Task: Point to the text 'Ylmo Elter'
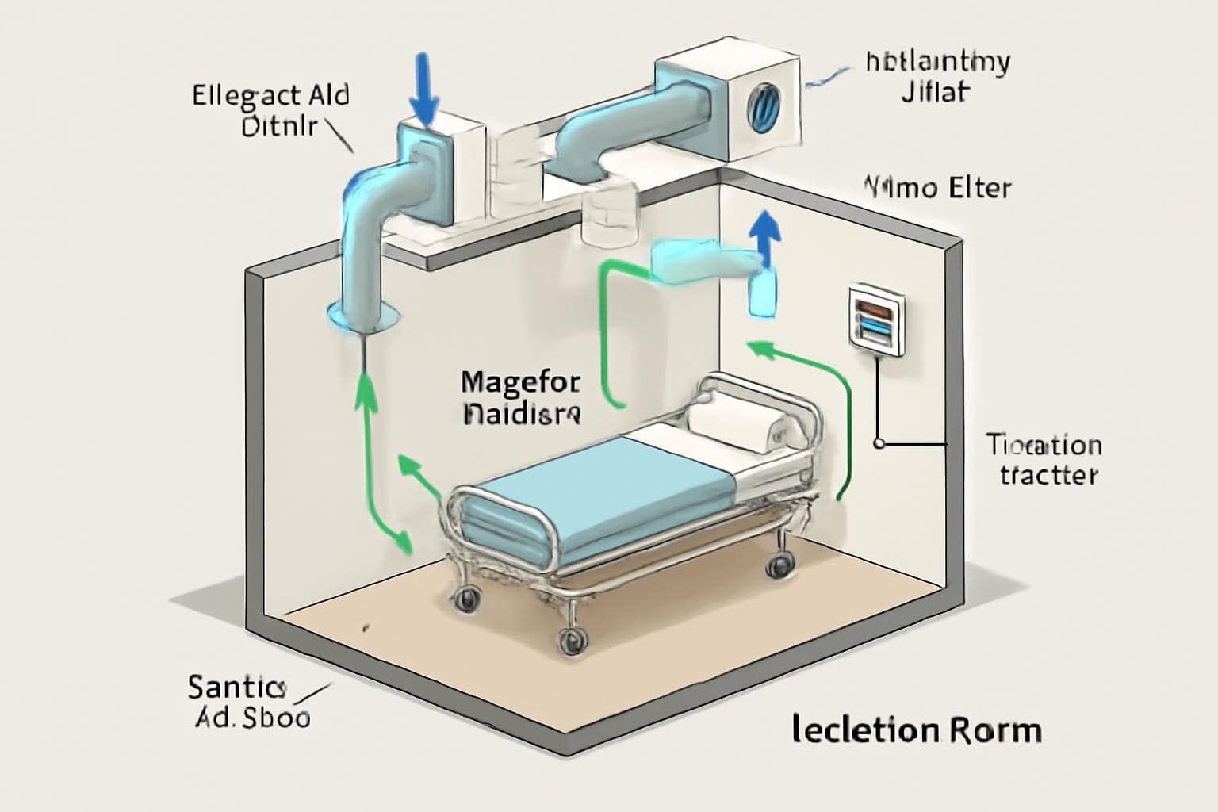click(936, 189)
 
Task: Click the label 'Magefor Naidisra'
click(521, 396)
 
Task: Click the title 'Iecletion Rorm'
click(916, 729)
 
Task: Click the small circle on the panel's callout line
click(879, 444)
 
